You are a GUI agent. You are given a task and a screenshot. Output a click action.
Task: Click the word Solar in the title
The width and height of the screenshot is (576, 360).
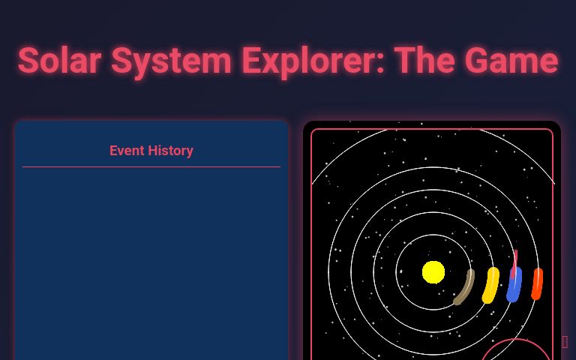[59, 61]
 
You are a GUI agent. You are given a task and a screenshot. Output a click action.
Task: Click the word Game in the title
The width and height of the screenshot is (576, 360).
[513, 61]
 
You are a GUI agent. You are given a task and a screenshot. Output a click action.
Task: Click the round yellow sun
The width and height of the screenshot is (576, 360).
[433, 272]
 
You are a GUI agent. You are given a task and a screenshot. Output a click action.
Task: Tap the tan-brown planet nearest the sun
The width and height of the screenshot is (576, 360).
[464, 288]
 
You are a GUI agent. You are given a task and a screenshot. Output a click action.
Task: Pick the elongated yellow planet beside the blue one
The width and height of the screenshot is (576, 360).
[490, 286]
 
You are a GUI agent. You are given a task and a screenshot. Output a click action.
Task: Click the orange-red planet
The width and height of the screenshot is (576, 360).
[537, 284]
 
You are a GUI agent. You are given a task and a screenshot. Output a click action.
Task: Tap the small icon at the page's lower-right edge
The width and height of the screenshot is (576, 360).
[565, 342]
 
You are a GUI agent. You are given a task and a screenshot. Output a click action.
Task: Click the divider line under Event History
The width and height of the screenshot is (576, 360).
[151, 166]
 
